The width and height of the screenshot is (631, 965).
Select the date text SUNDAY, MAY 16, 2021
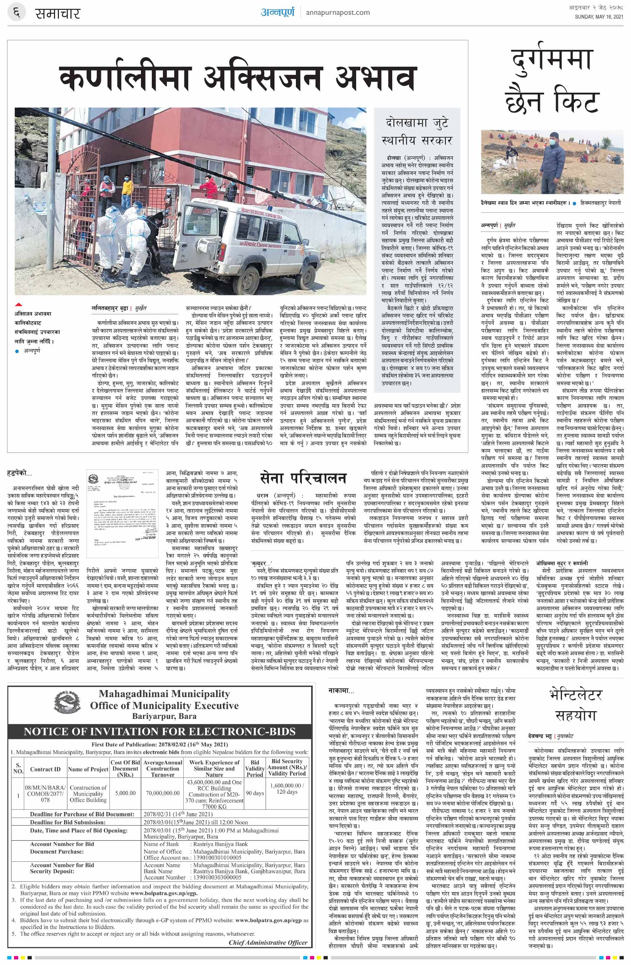[599, 16]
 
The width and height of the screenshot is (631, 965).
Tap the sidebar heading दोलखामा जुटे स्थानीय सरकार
[417, 131]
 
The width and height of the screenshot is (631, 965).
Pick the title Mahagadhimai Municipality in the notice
[164, 694]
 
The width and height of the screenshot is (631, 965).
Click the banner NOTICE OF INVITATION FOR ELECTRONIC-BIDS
[160, 731]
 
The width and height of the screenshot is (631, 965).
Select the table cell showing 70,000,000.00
[162, 793]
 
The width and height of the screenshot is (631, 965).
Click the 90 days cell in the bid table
[255, 793]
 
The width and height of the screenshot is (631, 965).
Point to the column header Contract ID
[45, 769]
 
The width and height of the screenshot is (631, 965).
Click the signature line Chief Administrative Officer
[268, 942]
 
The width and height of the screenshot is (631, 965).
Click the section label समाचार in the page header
[57, 13]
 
